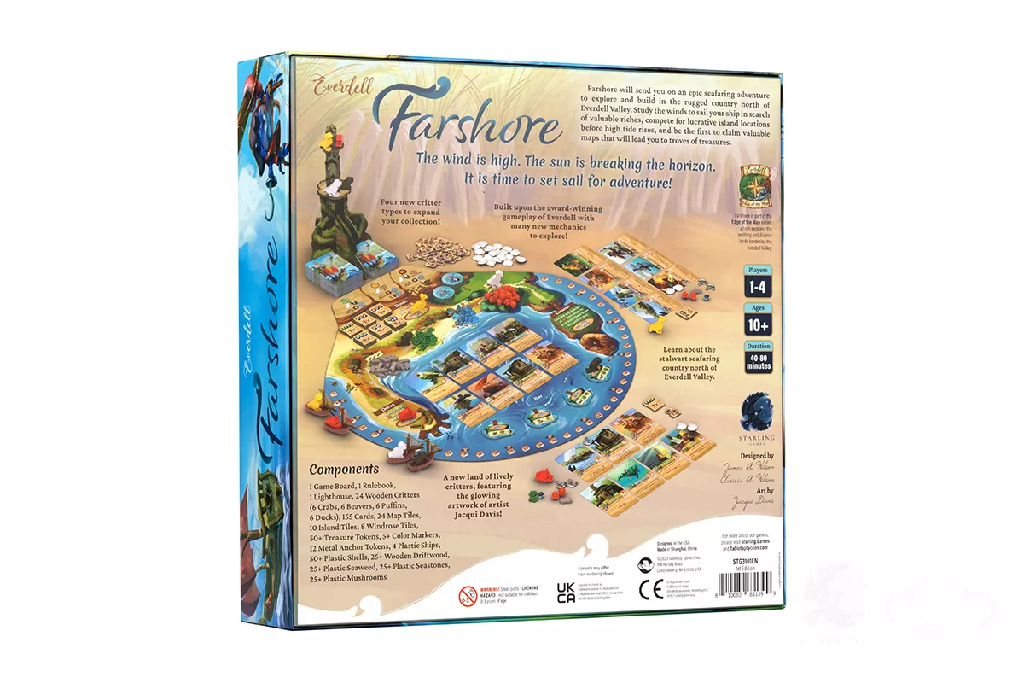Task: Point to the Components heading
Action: point(344,470)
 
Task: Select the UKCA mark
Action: point(566,595)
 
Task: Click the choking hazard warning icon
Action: point(467,595)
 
